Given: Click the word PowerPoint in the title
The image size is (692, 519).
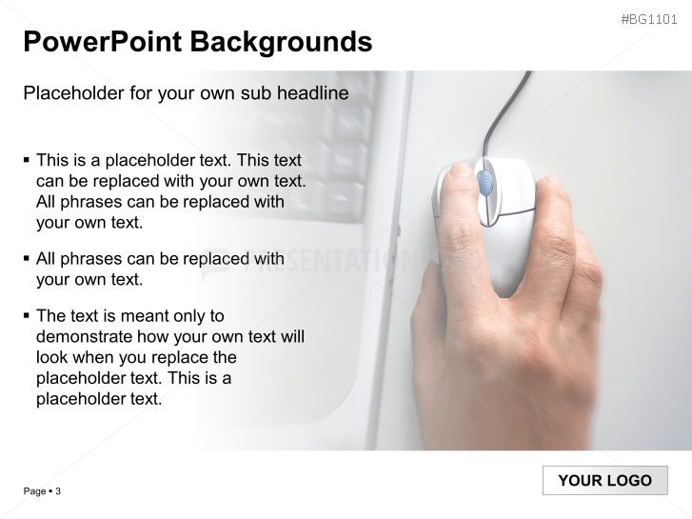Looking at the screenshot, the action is (102, 42).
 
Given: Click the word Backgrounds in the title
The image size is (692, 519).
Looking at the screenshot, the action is (281, 43).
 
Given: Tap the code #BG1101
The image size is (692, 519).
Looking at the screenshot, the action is (649, 19).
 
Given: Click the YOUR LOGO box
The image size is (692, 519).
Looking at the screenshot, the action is (605, 480).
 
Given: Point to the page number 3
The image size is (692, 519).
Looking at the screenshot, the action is (58, 491).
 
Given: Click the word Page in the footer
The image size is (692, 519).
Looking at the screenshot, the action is (35, 491).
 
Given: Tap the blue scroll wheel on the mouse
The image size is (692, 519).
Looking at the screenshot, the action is (484, 183).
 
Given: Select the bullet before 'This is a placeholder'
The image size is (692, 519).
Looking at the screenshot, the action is (27, 159).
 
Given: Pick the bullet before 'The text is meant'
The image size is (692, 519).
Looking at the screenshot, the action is (27, 315).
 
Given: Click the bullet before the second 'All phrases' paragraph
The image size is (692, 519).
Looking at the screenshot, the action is (27, 258).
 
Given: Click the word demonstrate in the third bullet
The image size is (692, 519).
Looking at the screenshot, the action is (85, 336).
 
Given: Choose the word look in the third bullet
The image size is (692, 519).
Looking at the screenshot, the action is (50, 357).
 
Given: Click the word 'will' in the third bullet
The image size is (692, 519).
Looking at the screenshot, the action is (292, 336).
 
